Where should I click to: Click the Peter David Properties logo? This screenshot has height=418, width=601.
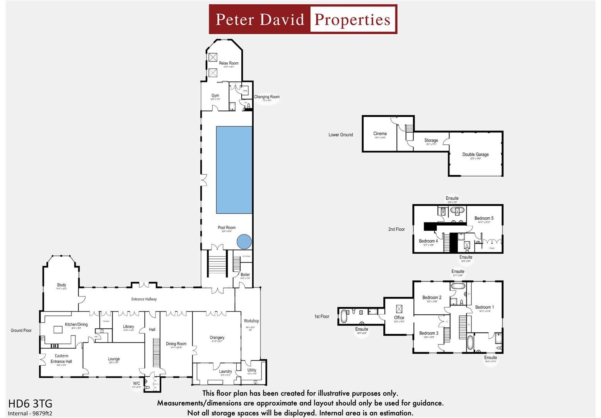pos(303,19)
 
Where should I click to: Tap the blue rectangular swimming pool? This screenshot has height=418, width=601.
pos(234,170)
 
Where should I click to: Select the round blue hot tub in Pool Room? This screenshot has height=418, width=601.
pos(244,242)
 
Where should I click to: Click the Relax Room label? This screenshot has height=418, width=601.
pos(229,63)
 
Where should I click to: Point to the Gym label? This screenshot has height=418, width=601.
pos(215,96)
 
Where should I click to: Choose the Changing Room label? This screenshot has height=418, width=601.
pos(266,97)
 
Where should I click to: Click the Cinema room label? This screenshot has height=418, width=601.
pos(380,134)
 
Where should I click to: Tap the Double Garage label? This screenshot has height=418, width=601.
pos(475,154)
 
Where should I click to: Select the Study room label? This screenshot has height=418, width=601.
pos(61,285)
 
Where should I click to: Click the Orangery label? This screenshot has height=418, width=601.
pos(217,337)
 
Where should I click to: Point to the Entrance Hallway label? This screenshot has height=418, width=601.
pos(144,299)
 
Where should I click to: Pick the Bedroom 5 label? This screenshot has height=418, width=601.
pos(484,218)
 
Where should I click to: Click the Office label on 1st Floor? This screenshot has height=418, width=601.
pos(399,318)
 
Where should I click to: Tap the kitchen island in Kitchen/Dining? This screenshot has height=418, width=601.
pos(58,330)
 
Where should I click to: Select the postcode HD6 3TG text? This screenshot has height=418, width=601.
pos(30,404)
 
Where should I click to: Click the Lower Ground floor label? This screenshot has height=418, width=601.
pos(340,135)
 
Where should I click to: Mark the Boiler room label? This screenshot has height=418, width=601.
pos(245,275)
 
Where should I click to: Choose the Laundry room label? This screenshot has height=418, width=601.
pos(225,371)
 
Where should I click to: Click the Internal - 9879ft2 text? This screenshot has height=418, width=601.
pos(30,413)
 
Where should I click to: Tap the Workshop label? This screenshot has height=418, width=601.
pos(251,321)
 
